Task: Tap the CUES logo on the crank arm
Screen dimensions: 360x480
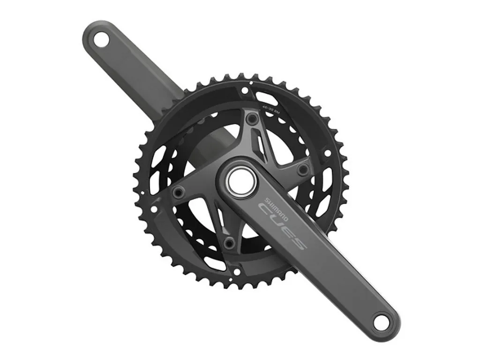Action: (x=283, y=227)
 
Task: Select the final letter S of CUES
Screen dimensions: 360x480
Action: (x=299, y=243)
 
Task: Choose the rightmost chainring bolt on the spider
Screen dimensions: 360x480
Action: (x=303, y=169)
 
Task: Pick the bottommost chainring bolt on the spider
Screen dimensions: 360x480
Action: (x=229, y=242)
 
